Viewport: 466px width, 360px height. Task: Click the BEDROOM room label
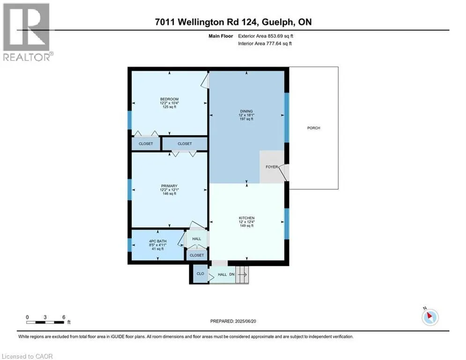click(x=169, y=99)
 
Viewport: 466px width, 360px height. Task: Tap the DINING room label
click(x=246, y=111)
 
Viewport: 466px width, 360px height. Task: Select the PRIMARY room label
click(x=169, y=186)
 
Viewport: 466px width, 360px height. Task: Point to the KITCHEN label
click(x=246, y=218)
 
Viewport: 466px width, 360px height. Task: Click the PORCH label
click(x=313, y=128)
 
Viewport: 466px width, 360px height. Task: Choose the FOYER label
click(x=272, y=167)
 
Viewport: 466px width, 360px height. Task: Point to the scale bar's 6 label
click(x=64, y=317)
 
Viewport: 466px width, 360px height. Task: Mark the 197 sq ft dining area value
click(x=246, y=119)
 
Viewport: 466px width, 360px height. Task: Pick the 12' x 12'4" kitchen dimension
click(x=246, y=222)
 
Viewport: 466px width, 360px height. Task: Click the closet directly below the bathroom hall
click(x=197, y=255)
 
